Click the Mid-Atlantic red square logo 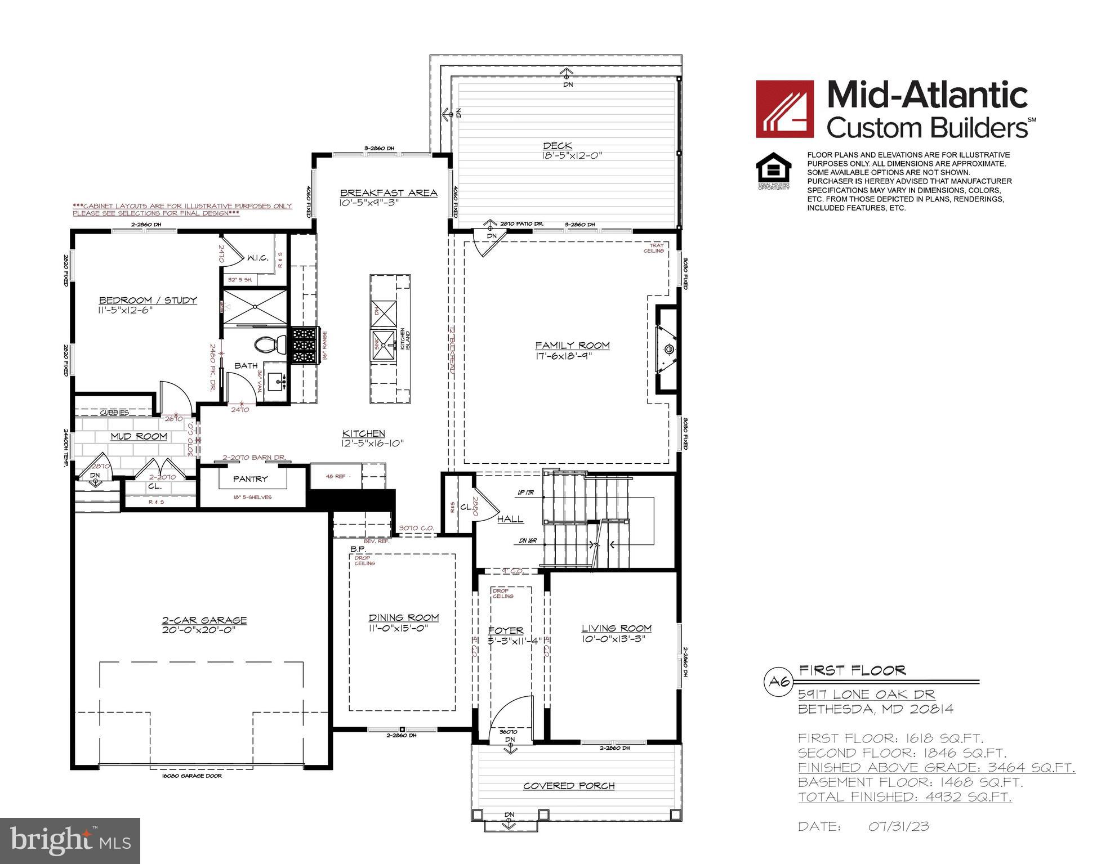784,109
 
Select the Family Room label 572,345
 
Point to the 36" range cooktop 304,345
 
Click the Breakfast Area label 389,193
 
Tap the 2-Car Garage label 204,620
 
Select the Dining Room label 403,617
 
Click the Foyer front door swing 510,718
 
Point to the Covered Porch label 568,786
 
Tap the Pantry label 251,478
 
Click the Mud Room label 139,436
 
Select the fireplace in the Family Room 668,350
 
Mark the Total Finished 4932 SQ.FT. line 904,797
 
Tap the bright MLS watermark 70,840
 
